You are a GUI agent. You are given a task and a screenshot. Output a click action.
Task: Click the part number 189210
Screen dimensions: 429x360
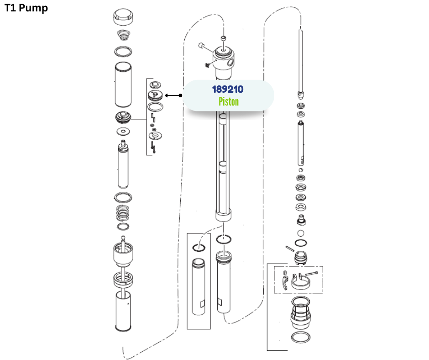[x=228, y=89]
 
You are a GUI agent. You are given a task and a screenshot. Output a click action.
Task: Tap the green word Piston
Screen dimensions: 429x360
[x=229, y=101]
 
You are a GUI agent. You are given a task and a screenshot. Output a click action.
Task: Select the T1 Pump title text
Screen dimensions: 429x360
[x=26, y=8]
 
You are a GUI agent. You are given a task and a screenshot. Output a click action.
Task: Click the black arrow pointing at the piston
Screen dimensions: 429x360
[x=173, y=95]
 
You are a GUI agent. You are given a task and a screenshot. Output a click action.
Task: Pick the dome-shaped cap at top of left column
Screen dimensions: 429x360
[x=123, y=17]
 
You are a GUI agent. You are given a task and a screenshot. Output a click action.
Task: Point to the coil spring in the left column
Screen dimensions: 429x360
[x=123, y=213]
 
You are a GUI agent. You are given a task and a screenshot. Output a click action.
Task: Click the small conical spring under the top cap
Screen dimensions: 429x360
[x=123, y=35]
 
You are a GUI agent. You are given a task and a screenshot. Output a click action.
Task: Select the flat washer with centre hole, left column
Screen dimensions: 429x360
[x=123, y=132]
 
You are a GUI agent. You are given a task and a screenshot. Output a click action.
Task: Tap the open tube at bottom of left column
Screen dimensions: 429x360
[x=123, y=311]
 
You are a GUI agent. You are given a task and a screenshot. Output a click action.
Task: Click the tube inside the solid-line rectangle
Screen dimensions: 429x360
[x=199, y=287]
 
